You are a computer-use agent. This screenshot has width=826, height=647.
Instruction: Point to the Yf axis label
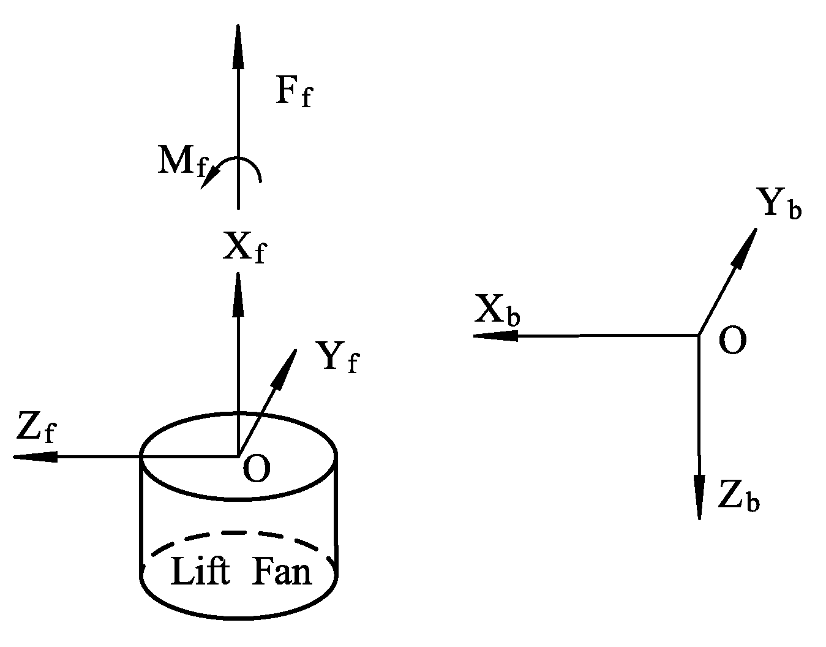click(x=336, y=357)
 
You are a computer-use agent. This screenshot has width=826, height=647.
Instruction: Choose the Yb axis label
click(x=779, y=203)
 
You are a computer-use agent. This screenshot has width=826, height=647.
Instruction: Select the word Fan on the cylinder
click(x=282, y=571)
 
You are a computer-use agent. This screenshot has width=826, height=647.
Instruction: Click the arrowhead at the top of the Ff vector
click(x=238, y=46)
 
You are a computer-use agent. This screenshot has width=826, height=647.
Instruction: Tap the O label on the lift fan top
click(x=256, y=470)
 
